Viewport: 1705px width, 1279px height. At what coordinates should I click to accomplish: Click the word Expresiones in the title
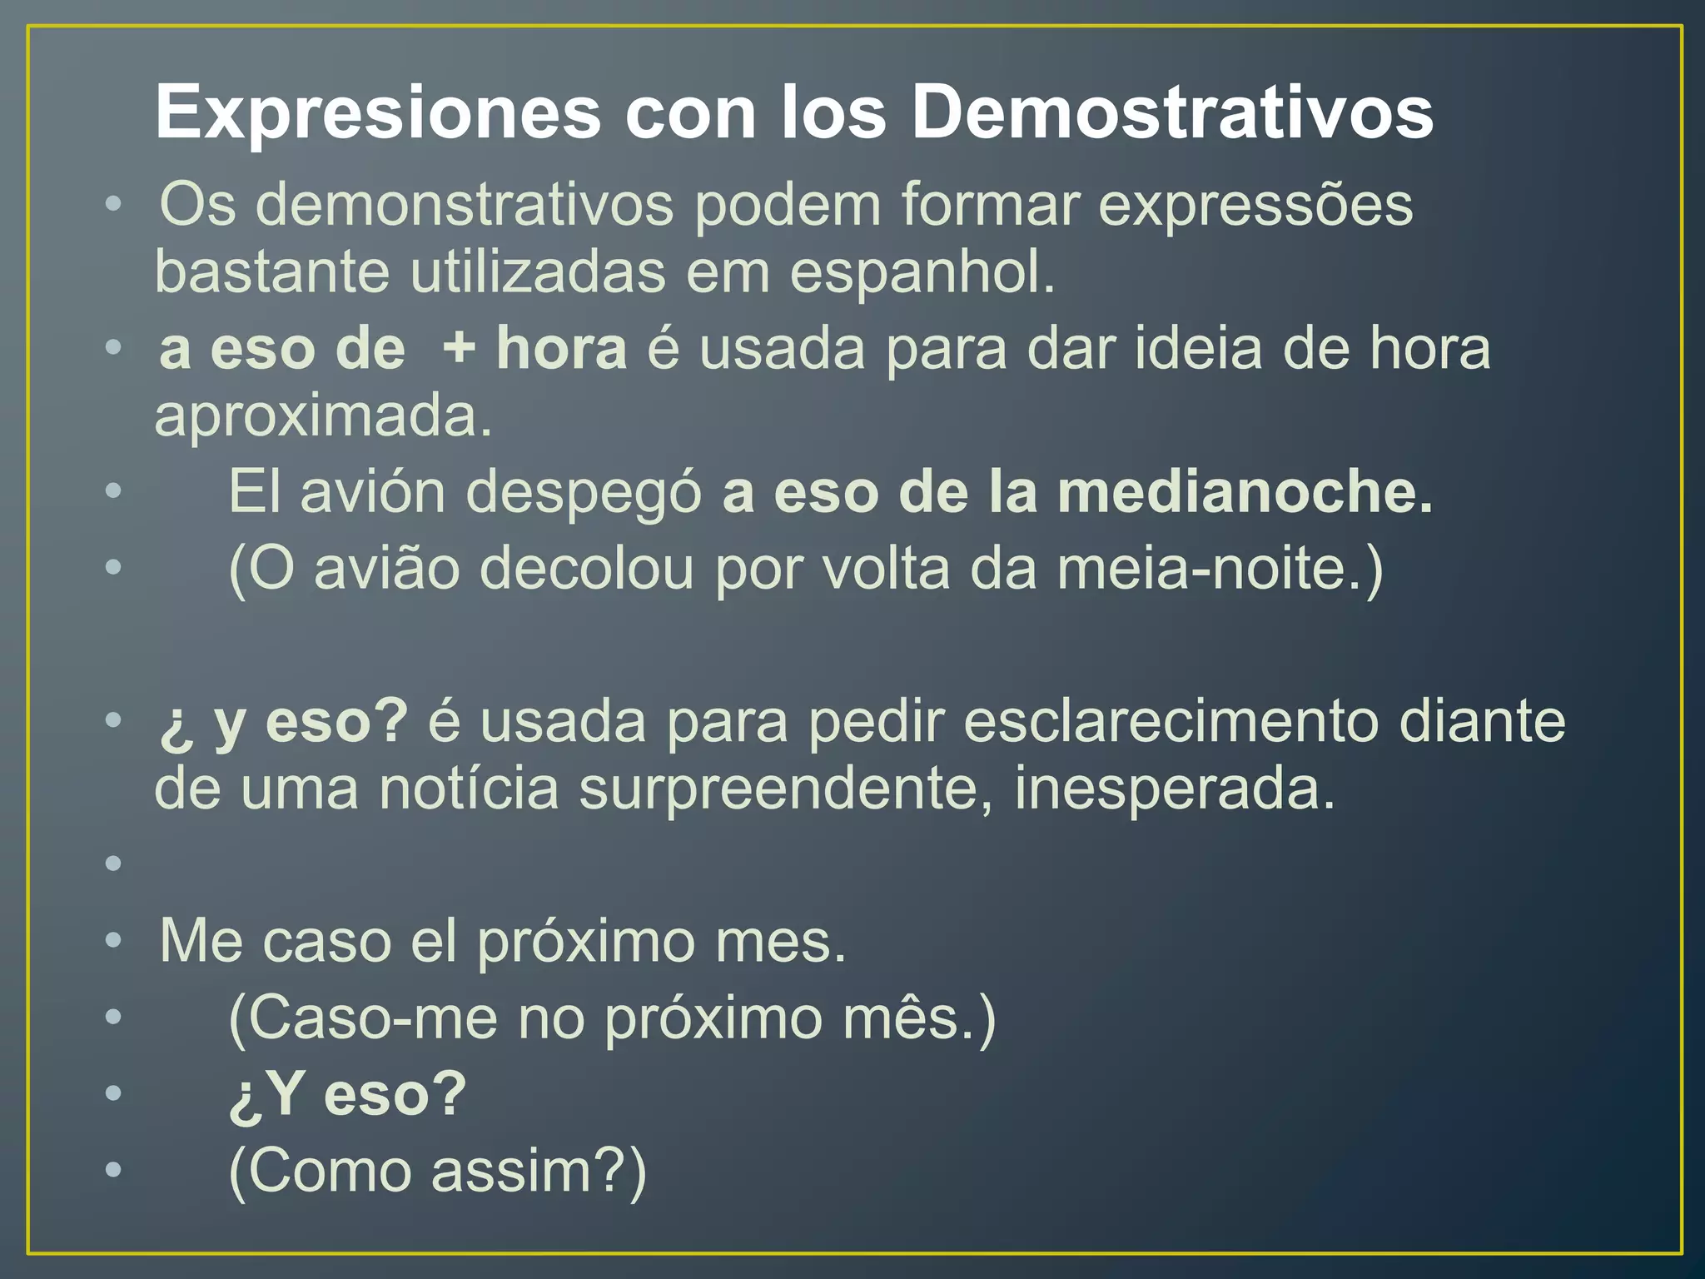point(378,113)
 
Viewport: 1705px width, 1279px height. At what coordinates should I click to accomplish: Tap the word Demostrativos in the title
point(1172,112)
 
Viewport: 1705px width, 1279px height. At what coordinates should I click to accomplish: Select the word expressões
point(1255,205)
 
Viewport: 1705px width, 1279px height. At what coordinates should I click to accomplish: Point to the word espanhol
point(922,273)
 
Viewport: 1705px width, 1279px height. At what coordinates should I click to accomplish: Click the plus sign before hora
point(459,347)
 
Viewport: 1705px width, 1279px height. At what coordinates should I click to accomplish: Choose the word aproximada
point(323,416)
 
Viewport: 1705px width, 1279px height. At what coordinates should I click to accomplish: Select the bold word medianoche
point(1245,491)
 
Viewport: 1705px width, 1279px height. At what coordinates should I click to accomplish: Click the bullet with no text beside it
point(114,863)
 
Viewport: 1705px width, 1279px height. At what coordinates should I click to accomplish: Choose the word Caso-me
point(363,1018)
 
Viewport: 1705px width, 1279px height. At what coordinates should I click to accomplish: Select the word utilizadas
point(538,273)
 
